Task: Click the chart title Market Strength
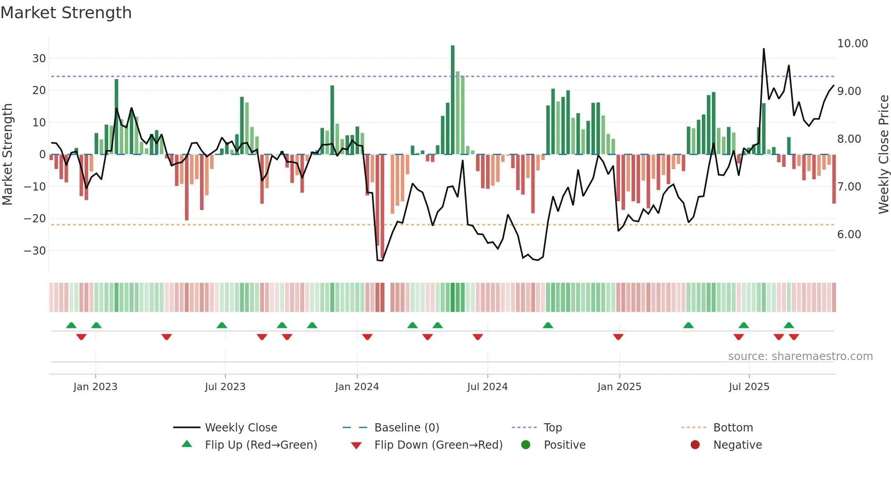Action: (x=66, y=13)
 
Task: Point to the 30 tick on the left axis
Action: (x=39, y=59)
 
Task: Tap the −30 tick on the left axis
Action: (x=35, y=251)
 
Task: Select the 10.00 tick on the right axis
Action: (x=852, y=44)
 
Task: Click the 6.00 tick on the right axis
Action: (x=849, y=235)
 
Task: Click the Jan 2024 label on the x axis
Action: (x=357, y=387)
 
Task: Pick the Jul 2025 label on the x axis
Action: (x=749, y=387)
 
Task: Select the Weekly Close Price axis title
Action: (x=883, y=155)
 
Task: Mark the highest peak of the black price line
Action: (x=764, y=49)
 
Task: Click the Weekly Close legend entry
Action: (x=241, y=428)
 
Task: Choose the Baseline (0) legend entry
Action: (x=406, y=428)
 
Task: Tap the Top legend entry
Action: (x=552, y=428)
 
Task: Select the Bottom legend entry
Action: (x=733, y=428)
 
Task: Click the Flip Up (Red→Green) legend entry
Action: (x=260, y=445)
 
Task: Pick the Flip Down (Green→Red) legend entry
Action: (x=438, y=445)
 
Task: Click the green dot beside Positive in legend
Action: (x=526, y=445)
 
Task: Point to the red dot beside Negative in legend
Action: (x=695, y=445)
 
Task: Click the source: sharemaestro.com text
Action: (x=800, y=356)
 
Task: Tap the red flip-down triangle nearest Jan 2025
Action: (x=618, y=337)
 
